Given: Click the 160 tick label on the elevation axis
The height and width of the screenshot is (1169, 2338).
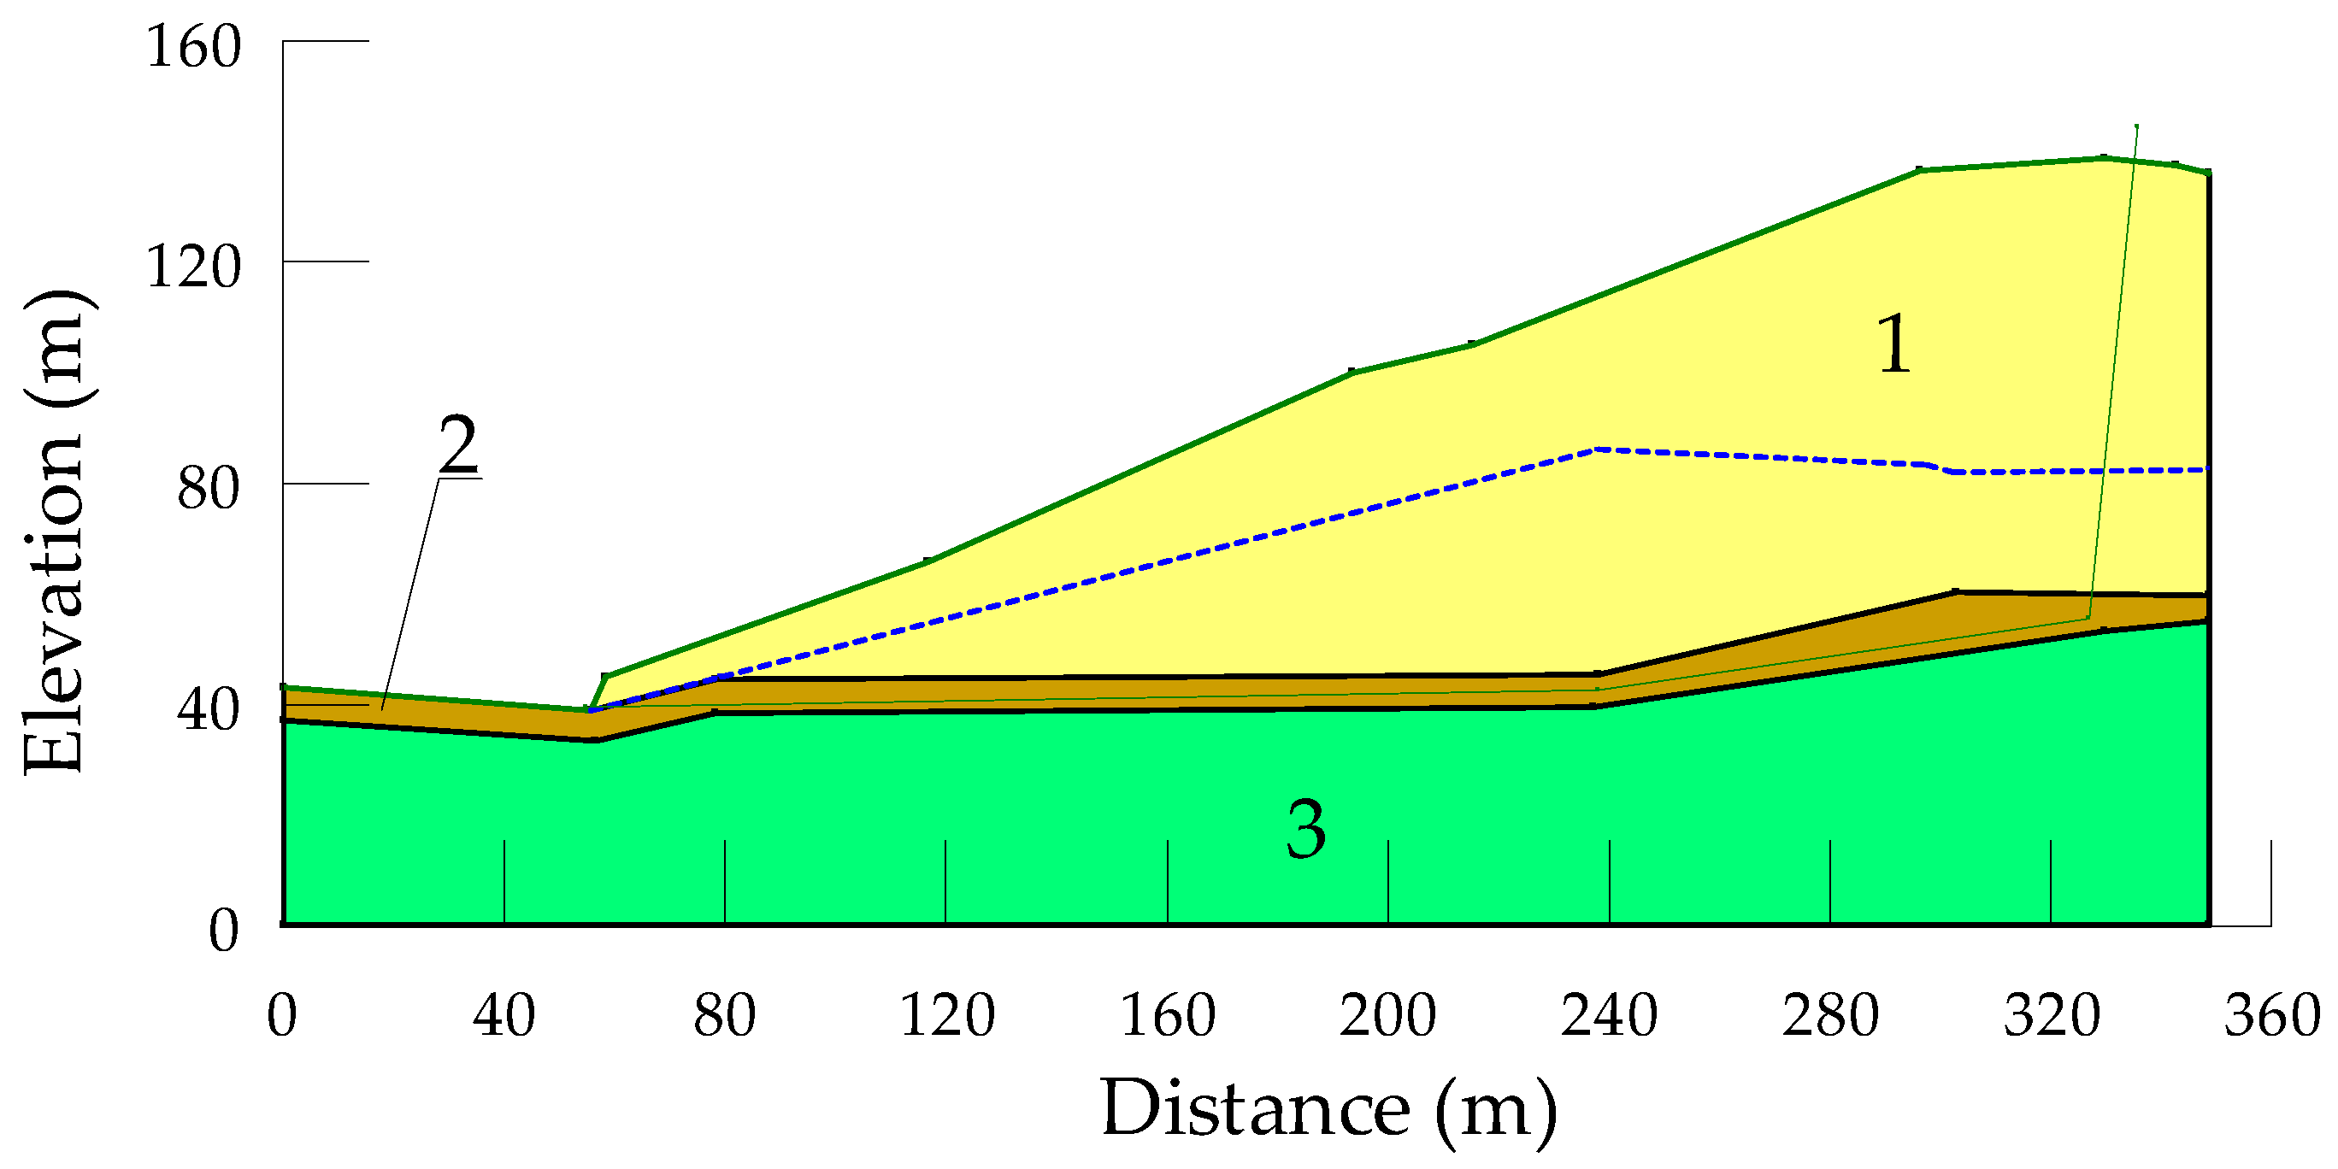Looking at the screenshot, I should coord(193,46).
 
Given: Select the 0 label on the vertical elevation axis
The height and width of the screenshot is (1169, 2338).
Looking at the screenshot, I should coord(224,931).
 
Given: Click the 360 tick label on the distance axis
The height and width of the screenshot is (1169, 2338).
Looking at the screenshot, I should coord(2271,1016).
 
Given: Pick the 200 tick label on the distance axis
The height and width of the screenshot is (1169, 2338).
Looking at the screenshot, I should coord(1387,1016).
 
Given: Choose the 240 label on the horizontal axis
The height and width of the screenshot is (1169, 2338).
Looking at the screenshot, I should coord(1609,1016).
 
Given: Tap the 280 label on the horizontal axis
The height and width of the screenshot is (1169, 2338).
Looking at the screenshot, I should coord(1829,1016).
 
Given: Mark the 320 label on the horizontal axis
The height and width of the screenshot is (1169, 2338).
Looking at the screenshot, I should coord(2051,1016).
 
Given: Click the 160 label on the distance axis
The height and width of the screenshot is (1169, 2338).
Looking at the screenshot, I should coord(1167,1016).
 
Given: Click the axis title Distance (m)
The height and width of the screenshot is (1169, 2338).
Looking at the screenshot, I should coord(1328,1109).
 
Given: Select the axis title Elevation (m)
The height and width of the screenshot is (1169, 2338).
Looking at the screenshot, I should coord(55,534).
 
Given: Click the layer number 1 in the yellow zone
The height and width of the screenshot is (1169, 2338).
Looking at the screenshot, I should coord(1894,345).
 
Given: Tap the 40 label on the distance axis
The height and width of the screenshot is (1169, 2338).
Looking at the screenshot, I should coord(504,1016).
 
